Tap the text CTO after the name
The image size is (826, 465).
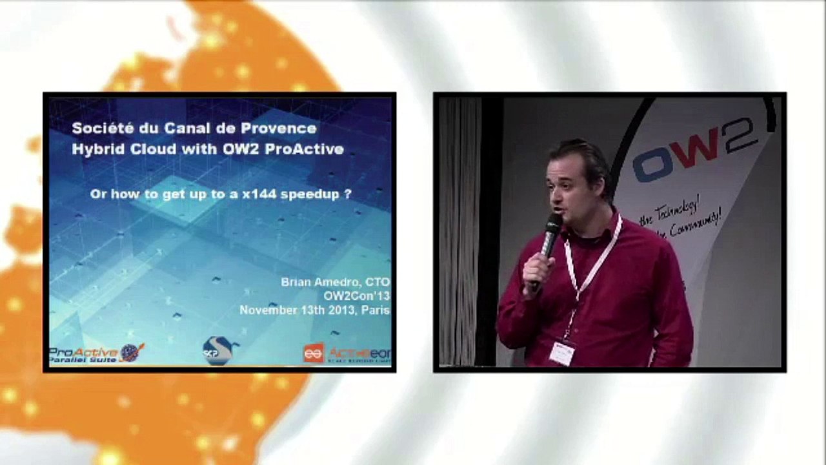(378, 282)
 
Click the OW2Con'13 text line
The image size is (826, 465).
(356, 296)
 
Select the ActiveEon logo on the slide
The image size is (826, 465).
(346, 353)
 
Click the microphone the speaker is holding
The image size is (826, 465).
(550, 236)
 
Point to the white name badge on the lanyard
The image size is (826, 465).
(562, 353)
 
